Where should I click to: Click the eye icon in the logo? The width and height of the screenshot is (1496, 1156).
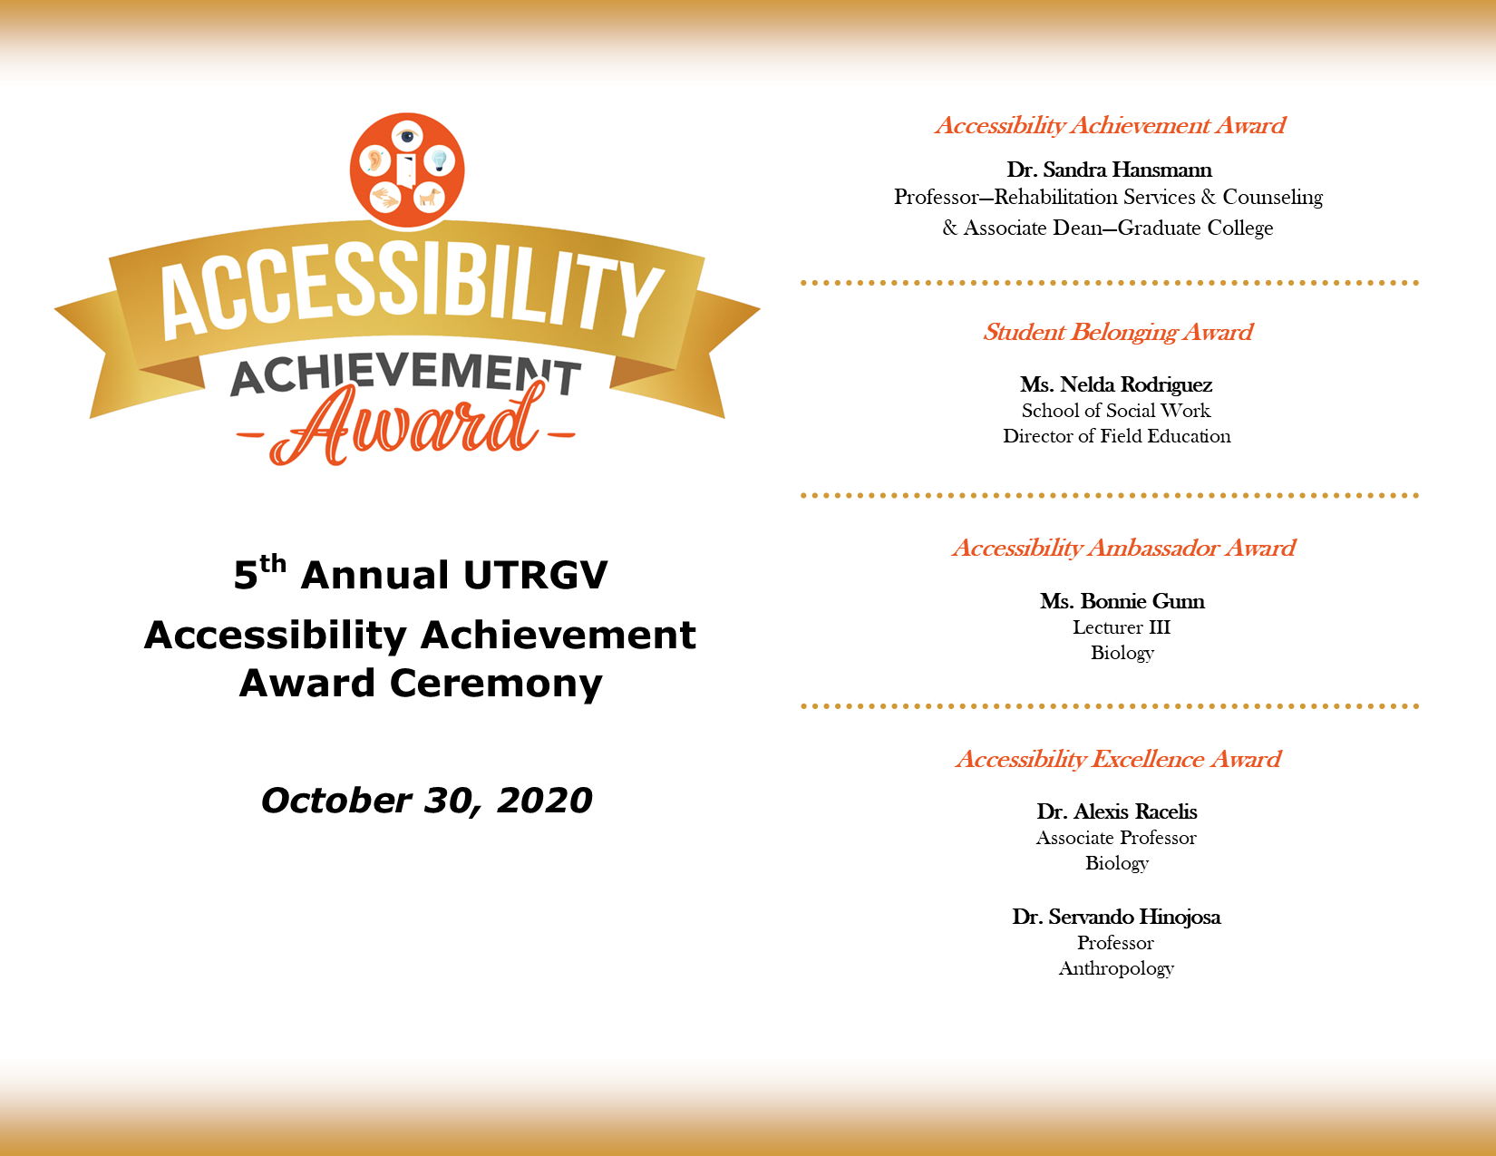(408, 137)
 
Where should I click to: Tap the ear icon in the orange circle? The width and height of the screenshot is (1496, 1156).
(374, 162)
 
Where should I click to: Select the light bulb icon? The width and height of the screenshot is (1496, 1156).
(440, 161)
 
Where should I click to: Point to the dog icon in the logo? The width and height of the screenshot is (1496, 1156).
(428, 196)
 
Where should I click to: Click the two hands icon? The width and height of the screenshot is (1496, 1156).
(386, 196)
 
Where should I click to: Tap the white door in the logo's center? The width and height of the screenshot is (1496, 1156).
(406, 169)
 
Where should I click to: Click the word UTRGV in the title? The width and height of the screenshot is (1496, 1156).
(535, 576)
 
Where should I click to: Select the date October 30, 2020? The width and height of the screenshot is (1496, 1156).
(426, 801)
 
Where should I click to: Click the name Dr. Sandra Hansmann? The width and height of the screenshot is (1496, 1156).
(1109, 170)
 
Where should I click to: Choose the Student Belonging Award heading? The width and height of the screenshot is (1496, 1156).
(1118, 332)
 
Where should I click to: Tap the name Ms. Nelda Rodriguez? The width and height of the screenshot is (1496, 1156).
(1116, 384)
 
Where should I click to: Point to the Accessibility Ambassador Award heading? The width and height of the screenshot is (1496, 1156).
(1123, 548)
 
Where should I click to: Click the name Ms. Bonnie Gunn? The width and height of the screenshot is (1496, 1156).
(1122, 601)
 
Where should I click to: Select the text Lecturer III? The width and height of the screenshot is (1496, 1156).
(1122, 627)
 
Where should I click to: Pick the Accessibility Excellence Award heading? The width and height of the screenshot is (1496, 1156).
(1118, 759)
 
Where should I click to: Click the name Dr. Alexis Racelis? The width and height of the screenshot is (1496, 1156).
(1117, 811)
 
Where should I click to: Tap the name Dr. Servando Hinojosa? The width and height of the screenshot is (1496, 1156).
(1116, 917)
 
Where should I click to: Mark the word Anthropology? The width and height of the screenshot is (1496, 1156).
(1116, 968)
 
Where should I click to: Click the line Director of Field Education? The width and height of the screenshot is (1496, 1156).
(1117, 436)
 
